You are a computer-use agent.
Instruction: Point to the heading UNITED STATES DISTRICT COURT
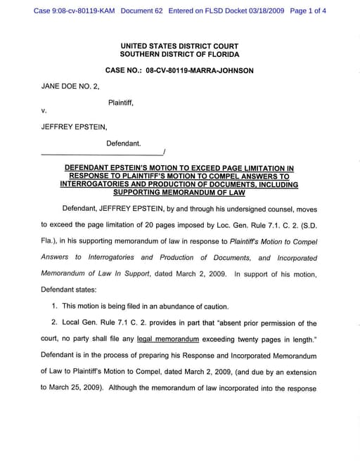coord(179,46)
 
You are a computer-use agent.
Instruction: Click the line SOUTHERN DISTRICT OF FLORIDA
coord(179,54)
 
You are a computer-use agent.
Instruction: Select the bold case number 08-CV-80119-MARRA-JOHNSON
coord(200,70)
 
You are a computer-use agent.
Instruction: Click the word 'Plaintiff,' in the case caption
coord(121,103)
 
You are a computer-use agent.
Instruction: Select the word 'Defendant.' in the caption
coord(124,143)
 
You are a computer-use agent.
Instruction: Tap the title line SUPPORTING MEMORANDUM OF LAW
coord(179,193)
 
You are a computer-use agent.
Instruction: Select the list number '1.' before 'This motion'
coord(55,306)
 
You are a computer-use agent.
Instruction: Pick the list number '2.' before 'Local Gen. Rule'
coord(55,323)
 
